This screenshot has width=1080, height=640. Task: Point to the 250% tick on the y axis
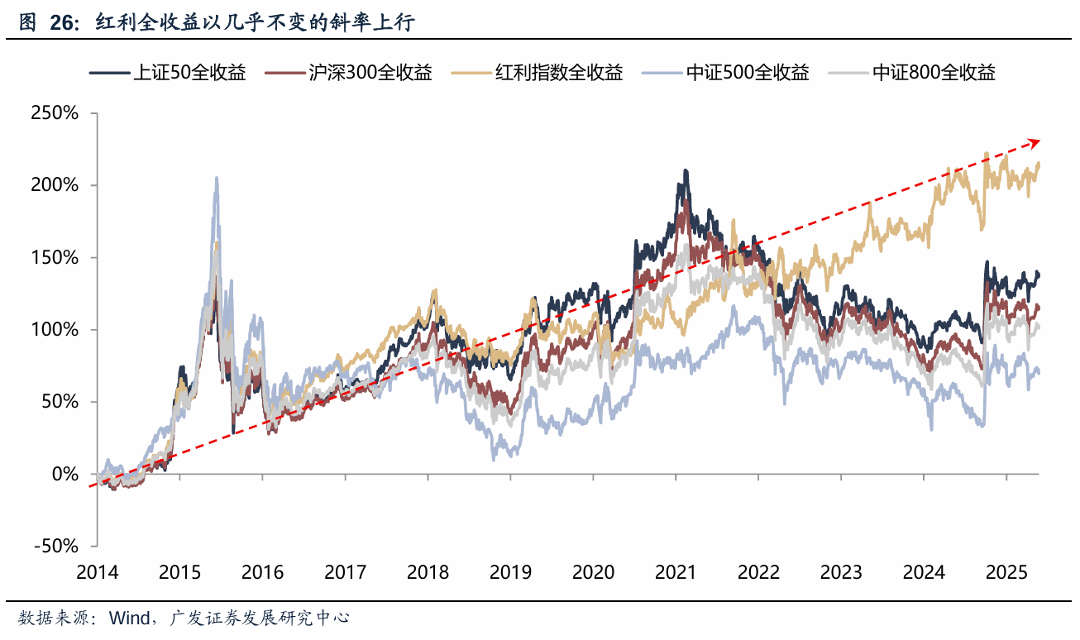click(x=55, y=113)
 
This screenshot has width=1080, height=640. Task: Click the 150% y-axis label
click(x=55, y=258)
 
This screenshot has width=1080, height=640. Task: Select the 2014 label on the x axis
click(x=97, y=572)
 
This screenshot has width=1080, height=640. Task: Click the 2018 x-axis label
click(x=428, y=572)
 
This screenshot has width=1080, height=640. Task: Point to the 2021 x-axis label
click(x=676, y=572)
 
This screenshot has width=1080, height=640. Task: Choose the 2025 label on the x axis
click(x=1006, y=572)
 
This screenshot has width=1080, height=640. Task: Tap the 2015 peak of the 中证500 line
click(x=217, y=178)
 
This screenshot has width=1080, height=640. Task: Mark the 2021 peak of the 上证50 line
click(x=685, y=171)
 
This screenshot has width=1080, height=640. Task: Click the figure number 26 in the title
click(x=60, y=24)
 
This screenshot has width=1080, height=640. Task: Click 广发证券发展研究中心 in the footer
click(x=259, y=618)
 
